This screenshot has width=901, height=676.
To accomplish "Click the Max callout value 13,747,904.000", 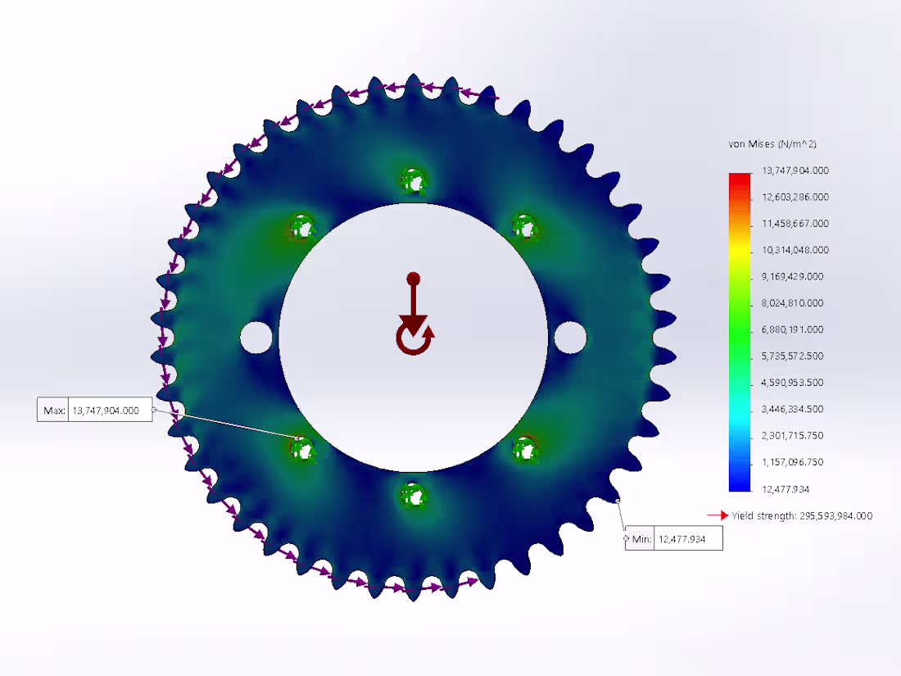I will [x=106, y=410].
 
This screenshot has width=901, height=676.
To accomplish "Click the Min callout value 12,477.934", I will [x=687, y=539].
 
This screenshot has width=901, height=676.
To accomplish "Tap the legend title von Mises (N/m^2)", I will [x=772, y=144].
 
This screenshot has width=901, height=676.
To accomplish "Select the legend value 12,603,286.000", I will [x=795, y=197].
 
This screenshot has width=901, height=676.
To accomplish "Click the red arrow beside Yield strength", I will [x=718, y=515].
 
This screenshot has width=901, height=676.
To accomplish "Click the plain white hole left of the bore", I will [x=256, y=336].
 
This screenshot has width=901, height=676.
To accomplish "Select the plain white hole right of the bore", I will [x=570, y=336].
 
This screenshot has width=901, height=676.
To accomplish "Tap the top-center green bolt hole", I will [x=413, y=179].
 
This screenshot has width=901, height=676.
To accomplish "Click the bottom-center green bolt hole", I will [x=413, y=494].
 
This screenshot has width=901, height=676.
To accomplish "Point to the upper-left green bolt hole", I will [x=302, y=225].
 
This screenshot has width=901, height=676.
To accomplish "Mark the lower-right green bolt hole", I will [x=523, y=448].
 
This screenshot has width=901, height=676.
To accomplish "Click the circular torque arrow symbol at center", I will [x=414, y=337].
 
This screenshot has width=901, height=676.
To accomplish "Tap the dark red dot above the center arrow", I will [x=414, y=279].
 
